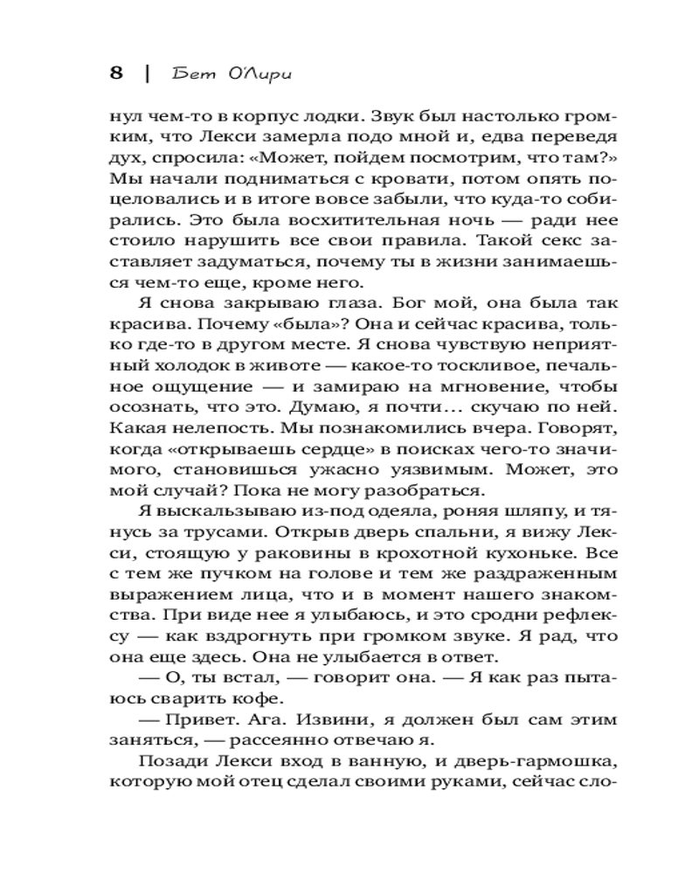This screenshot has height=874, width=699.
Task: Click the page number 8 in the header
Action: click(x=115, y=73)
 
